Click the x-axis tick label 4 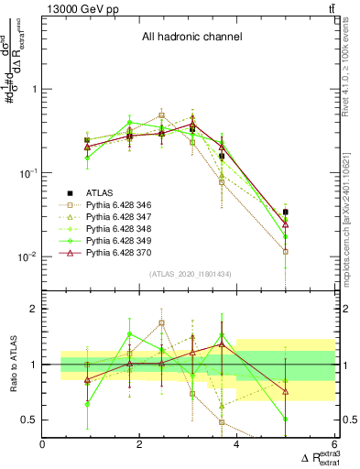tap(236, 444)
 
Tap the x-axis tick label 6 tap(333, 444)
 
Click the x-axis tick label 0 tap(43, 444)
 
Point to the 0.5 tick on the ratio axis tap(30, 420)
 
